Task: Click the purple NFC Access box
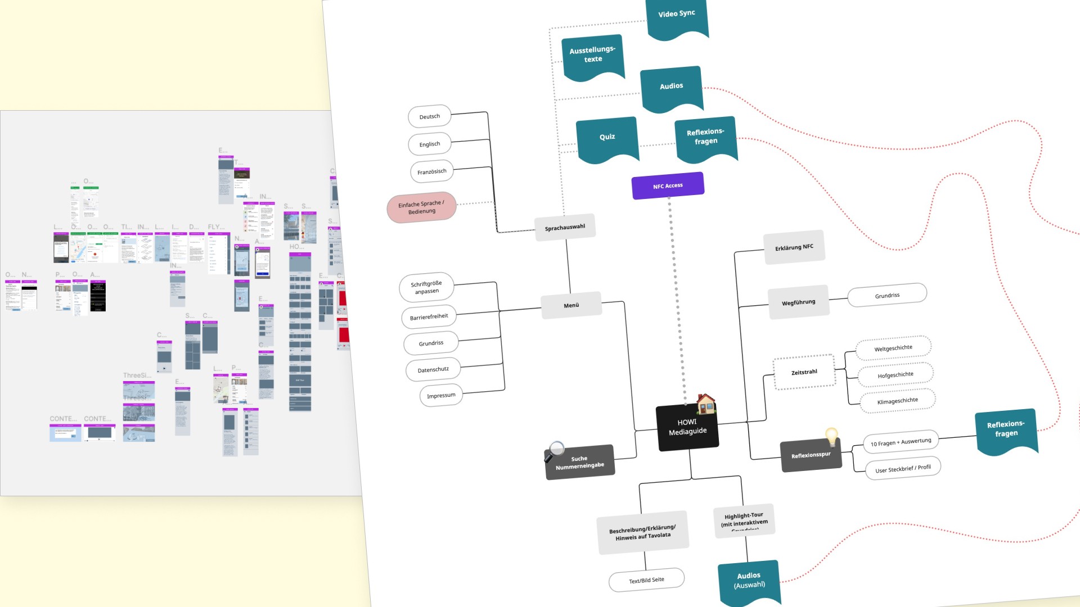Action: pyautogui.click(x=668, y=185)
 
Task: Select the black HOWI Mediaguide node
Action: pyautogui.click(x=687, y=427)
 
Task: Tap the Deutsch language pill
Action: pyautogui.click(x=430, y=116)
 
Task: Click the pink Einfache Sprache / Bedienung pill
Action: pyautogui.click(x=421, y=207)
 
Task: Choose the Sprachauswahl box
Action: pyautogui.click(x=565, y=227)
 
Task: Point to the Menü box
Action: pyautogui.click(x=571, y=305)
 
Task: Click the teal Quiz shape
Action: pyautogui.click(x=607, y=138)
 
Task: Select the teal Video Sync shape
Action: pyautogui.click(x=677, y=16)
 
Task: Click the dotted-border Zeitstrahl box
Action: pyautogui.click(x=804, y=372)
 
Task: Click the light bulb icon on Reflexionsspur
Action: pyautogui.click(x=831, y=436)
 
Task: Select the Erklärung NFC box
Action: pyautogui.click(x=794, y=247)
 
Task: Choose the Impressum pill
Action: pyautogui.click(x=441, y=396)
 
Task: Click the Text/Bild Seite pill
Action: pyautogui.click(x=646, y=580)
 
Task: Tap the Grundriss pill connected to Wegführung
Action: pyautogui.click(x=887, y=295)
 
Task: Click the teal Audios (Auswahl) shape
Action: pyautogui.click(x=749, y=580)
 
